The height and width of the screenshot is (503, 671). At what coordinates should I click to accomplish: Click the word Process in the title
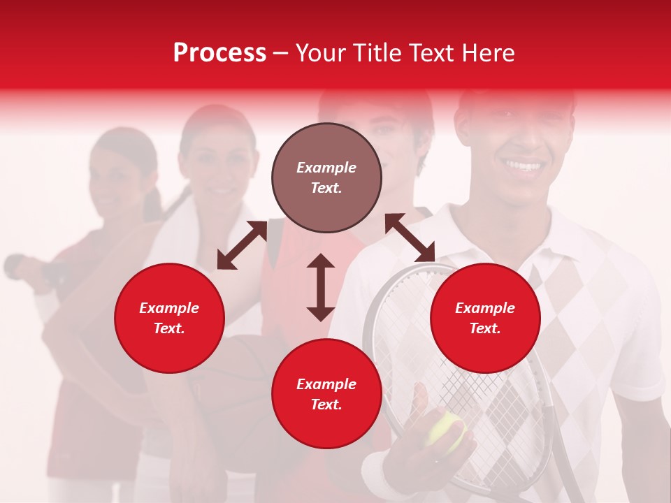coord(219,53)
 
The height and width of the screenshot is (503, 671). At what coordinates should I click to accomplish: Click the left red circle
coord(169,318)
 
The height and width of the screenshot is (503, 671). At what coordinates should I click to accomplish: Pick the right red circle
coord(485,318)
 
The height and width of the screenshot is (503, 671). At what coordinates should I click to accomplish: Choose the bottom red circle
coord(326,393)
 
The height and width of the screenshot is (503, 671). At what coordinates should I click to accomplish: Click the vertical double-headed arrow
coord(321,287)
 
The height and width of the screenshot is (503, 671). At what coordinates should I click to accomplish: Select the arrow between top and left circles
coord(242,245)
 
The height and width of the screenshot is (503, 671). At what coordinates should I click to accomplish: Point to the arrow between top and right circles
coord(410,238)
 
